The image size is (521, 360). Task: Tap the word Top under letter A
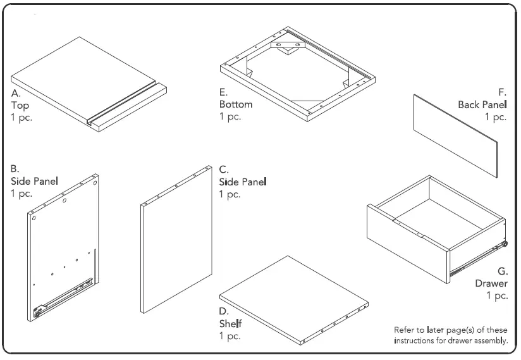coord(20,105)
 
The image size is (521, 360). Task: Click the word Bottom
coord(236,104)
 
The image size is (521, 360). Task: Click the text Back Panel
coord(482,104)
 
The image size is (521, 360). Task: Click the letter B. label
coord(16,169)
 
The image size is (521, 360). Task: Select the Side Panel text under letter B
coord(35,182)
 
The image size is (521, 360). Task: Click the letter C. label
coord(224,170)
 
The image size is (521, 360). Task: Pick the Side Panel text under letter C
coord(243,182)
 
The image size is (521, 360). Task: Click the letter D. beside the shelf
coord(224,311)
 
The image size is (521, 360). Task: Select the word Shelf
coord(231,324)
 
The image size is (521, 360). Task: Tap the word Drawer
coord(491,283)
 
